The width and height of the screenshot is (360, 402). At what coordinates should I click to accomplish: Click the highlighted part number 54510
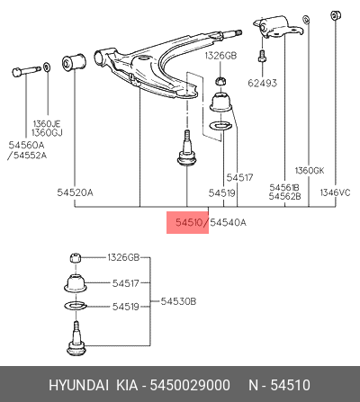pyautogui.click(x=189, y=222)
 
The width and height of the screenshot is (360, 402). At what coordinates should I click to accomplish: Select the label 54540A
pyautogui.click(x=228, y=222)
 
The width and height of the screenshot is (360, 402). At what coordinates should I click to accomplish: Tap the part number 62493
pyautogui.click(x=262, y=83)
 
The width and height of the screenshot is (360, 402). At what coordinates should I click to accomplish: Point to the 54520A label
pyautogui.click(x=75, y=192)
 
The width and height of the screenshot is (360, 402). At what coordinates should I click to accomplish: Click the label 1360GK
pyautogui.click(x=310, y=171)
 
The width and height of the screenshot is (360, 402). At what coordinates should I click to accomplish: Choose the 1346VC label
pyautogui.click(x=335, y=192)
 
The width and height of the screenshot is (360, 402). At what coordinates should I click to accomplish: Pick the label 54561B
pyautogui.click(x=284, y=187)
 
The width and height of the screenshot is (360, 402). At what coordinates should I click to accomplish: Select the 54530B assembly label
pyautogui.click(x=178, y=301)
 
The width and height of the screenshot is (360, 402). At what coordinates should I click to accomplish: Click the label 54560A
pyautogui.click(x=26, y=145)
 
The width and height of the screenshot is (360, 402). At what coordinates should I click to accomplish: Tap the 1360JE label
pyautogui.click(x=47, y=123)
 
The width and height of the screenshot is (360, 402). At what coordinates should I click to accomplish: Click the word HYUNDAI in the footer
pyautogui.click(x=78, y=385)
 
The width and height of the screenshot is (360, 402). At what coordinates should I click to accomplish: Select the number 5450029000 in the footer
pyautogui.click(x=190, y=385)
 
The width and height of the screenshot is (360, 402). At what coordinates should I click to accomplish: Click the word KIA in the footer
pyautogui.click(x=127, y=385)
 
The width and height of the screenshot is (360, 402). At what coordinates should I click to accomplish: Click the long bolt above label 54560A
pyautogui.click(x=26, y=71)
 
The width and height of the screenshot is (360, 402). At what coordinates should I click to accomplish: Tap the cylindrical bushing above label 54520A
pyautogui.click(x=74, y=62)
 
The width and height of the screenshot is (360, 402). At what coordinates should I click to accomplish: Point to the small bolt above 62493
pyautogui.click(x=262, y=57)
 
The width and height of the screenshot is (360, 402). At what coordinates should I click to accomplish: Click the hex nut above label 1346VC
pyautogui.click(x=335, y=15)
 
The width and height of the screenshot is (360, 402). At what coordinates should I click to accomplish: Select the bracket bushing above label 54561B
pyautogui.click(x=277, y=27)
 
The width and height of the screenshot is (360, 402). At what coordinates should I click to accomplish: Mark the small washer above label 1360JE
pyautogui.click(x=47, y=67)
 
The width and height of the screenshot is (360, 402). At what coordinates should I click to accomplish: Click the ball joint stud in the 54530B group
pyautogui.click(x=76, y=339)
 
